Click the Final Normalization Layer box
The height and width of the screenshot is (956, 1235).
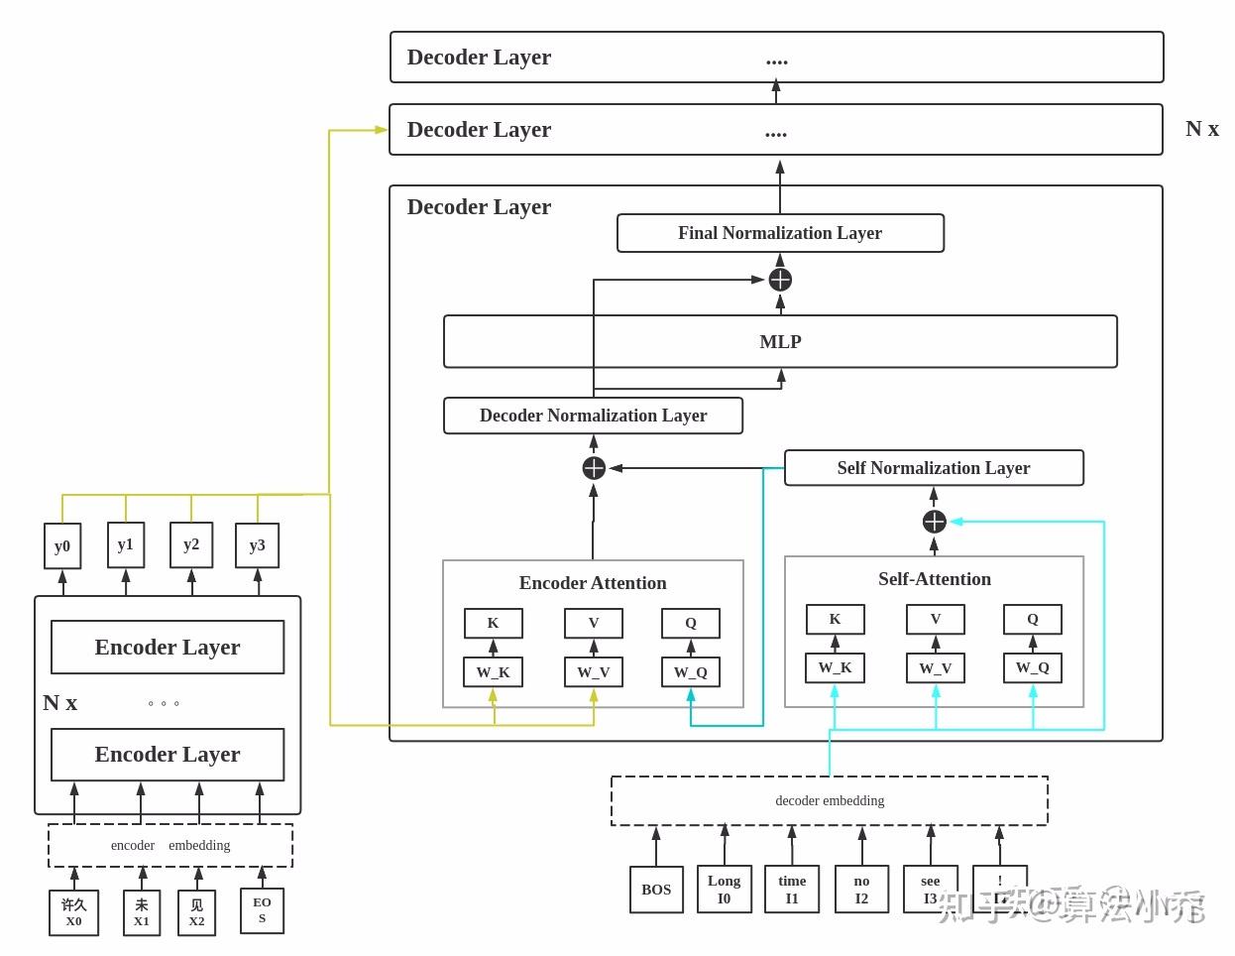pyautogui.click(x=780, y=233)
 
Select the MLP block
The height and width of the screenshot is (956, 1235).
pyautogui.click(x=780, y=341)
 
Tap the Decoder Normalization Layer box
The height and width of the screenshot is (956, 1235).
pyautogui.click(x=593, y=416)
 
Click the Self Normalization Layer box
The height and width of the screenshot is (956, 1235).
pyautogui.click(x=934, y=468)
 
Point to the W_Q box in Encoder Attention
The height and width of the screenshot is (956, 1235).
pyautogui.click(x=691, y=672)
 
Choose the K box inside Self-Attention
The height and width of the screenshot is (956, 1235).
pyautogui.click(x=835, y=619)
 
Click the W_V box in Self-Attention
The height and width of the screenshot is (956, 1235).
pyautogui.click(x=935, y=668)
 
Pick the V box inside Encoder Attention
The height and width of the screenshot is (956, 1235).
pyautogui.click(x=594, y=623)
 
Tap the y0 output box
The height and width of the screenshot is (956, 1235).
pyautogui.click(x=62, y=546)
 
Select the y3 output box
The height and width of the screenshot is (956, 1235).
pyautogui.click(x=257, y=545)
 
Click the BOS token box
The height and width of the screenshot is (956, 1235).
pyautogui.click(x=656, y=890)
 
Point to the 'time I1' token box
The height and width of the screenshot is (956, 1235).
pyautogui.click(x=792, y=890)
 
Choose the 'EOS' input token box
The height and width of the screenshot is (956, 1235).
pyautogui.click(x=262, y=910)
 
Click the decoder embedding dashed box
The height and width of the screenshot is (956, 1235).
pyautogui.click(x=830, y=800)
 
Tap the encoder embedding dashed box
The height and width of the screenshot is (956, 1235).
pyautogui.click(x=170, y=845)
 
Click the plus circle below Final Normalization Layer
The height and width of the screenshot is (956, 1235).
pyautogui.click(x=780, y=280)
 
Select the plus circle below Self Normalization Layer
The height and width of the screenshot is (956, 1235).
pyautogui.click(x=934, y=522)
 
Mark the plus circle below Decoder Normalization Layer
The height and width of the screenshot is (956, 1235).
pyautogui.click(x=594, y=468)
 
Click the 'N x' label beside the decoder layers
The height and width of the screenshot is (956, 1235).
pyautogui.click(x=1202, y=129)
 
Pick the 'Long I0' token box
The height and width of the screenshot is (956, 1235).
pyautogui.click(x=724, y=890)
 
